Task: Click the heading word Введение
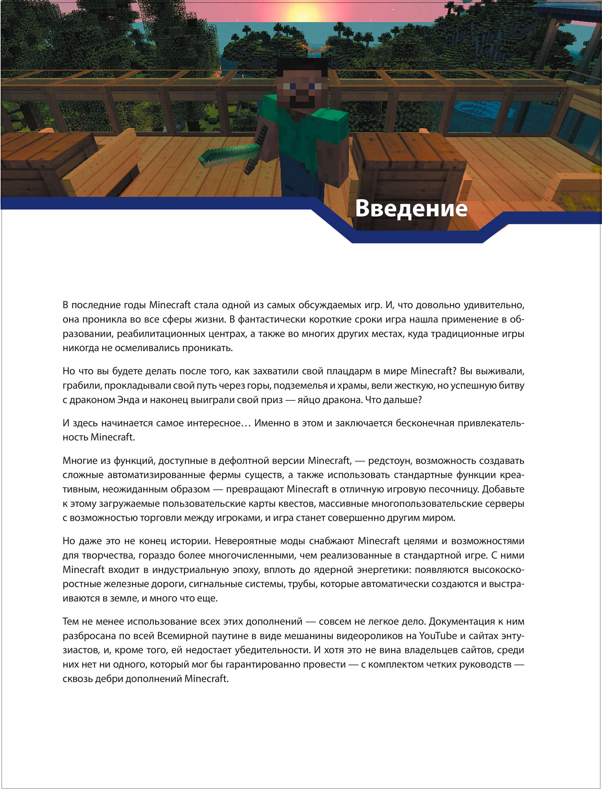click(411, 208)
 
